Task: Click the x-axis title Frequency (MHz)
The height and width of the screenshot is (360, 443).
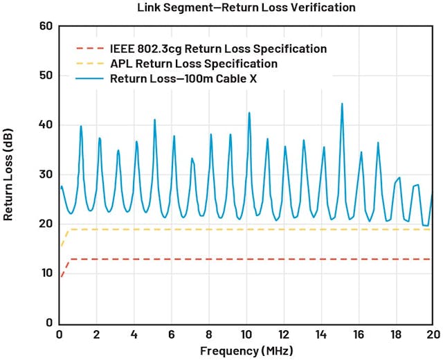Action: (x=246, y=350)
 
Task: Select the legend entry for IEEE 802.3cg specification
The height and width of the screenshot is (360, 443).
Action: (x=218, y=49)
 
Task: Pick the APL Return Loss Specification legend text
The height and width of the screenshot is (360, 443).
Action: (x=194, y=64)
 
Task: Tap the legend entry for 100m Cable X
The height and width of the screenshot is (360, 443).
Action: (x=189, y=78)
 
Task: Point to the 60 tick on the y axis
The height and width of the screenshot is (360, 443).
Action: (x=46, y=26)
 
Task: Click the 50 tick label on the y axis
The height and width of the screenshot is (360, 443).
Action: (x=46, y=75)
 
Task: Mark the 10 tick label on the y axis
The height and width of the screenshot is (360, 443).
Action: (x=46, y=273)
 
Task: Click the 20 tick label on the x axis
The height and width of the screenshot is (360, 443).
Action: (x=432, y=334)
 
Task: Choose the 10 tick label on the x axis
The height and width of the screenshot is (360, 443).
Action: (x=246, y=334)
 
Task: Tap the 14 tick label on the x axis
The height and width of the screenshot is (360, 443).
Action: (x=320, y=334)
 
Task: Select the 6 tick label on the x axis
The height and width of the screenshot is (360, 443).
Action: (x=171, y=334)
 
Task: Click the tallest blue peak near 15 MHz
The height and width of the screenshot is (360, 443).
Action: (x=342, y=104)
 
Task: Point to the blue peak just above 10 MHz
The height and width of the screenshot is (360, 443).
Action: (x=249, y=113)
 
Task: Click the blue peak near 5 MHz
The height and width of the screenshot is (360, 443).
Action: (x=154, y=120)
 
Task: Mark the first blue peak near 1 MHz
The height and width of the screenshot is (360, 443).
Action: (x=81, y=126)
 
